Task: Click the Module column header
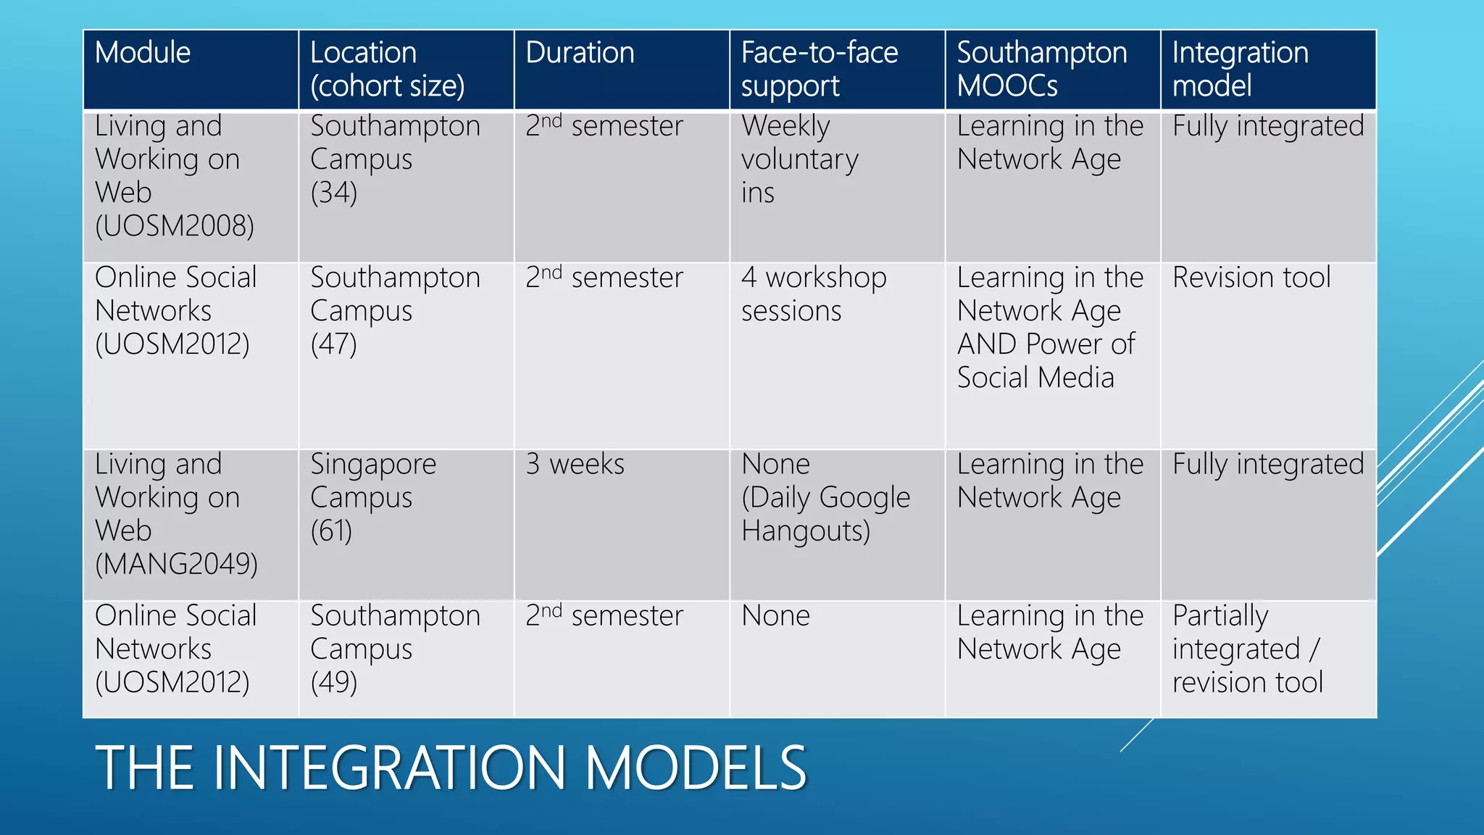(143, 53)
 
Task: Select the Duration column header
(580, 53)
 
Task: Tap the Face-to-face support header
(819, 69)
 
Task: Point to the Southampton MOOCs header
(1041, 69)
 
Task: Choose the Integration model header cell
(1240, 69)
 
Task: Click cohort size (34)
(334, 193)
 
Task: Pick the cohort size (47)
(334, 344)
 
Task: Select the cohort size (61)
(331, 531)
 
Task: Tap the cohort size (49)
(334, 682)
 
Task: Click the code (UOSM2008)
(175, 226)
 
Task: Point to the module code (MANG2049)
(176, 564)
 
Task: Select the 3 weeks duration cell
(575, 464)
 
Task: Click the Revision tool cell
(1251, 278)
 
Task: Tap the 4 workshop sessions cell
(813, 294)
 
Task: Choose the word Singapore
(373, 464)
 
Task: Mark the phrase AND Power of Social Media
(1046, 361)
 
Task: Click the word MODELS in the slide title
(696, 768)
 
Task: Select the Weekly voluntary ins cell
(799, 159)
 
